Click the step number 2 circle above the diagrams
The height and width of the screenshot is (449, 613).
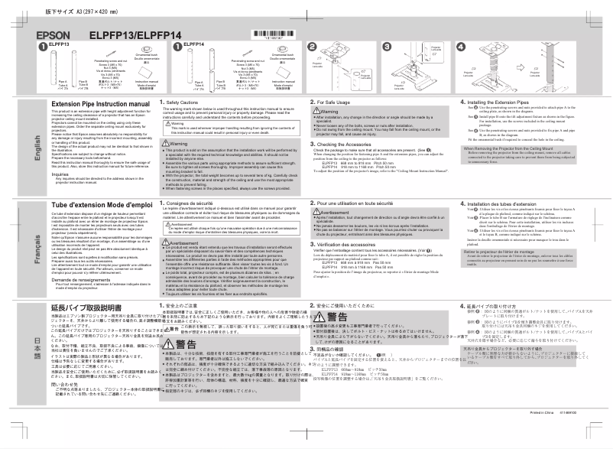(313, 46)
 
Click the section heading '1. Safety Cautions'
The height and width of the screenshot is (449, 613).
(182, 102)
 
